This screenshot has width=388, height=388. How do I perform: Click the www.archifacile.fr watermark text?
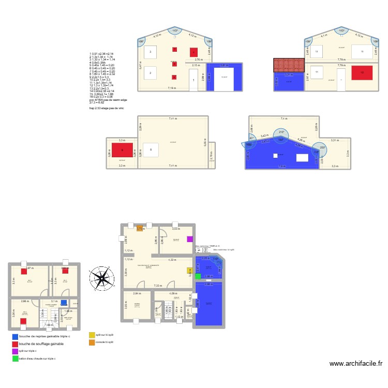354,365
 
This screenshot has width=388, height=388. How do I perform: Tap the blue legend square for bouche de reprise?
15,337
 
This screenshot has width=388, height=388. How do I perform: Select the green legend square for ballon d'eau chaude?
15,359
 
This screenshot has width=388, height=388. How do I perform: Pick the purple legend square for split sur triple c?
15,351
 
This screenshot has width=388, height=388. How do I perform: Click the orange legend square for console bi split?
92,342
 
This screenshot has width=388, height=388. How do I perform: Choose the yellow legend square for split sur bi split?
92,335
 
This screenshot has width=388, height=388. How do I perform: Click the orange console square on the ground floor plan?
139,228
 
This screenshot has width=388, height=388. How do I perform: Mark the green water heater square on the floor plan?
198,276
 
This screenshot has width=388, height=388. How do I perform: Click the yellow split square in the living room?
189,270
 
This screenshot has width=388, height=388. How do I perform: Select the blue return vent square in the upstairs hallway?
63,303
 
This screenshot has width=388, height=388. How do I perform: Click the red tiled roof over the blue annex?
288,65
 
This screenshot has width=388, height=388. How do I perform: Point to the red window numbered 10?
362,73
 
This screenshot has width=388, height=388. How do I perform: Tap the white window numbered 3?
150,52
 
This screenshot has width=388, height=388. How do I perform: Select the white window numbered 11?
316,72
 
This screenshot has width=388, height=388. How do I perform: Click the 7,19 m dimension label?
172,88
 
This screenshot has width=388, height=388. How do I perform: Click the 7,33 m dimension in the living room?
157,285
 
